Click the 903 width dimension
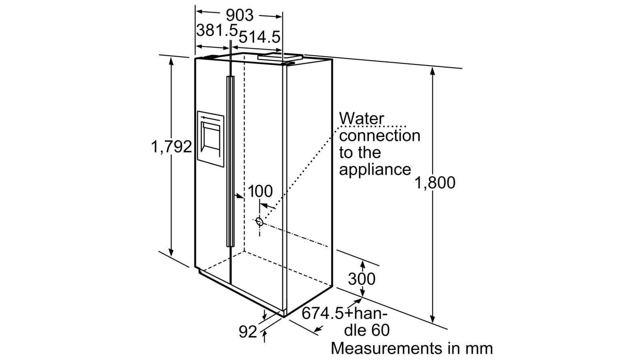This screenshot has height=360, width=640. (240, 15)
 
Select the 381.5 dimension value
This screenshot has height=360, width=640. (217, 30)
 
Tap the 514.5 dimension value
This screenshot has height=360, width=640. (260, 37)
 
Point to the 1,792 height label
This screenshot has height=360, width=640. (171, 147)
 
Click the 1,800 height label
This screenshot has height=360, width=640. (434, 182)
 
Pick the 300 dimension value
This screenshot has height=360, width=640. (362, 279)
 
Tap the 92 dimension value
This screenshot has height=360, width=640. (248, 332)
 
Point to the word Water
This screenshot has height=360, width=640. (362, 118)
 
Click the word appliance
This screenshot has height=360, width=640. (375, 170)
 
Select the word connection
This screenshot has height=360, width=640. (380, 136)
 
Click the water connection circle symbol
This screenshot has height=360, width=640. (260, 222)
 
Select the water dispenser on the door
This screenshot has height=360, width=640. (210, 139)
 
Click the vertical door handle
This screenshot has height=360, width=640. (230, 162)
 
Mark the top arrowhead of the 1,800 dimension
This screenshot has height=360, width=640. (432, 71)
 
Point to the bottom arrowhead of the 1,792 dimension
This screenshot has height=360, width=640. (171, 252)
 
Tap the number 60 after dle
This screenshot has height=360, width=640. (380, 330)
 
